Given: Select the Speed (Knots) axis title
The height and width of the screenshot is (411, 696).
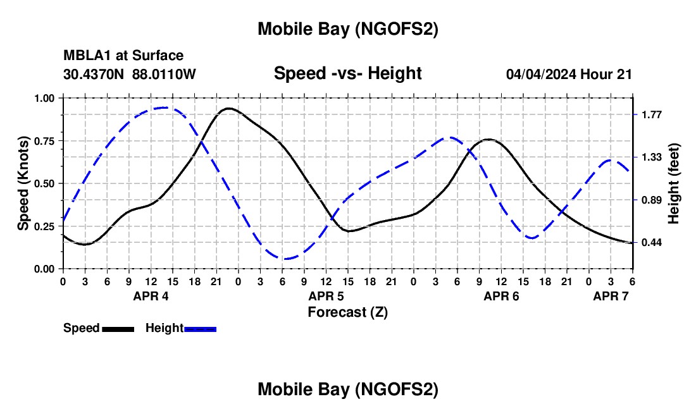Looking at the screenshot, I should [x=23, y=183].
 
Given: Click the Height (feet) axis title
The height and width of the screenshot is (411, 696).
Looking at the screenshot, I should [x=673, y=183].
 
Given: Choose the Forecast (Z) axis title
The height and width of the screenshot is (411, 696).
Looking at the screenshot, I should [x=347, y=312].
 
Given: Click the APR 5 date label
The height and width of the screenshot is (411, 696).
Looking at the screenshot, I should [x=326, y=296].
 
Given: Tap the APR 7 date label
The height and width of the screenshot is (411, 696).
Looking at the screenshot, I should [x=611, y=296].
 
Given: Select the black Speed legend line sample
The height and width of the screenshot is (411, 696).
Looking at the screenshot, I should [x=118, y=328].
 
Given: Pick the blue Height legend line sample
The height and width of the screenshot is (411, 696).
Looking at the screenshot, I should [x=200, y=328].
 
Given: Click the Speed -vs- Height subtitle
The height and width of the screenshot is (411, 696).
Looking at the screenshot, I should [x=347, y=73].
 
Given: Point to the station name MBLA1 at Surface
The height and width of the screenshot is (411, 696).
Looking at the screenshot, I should [x=123, y=56].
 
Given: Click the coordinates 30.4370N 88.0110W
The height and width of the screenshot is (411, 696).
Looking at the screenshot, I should [x=130, y=74].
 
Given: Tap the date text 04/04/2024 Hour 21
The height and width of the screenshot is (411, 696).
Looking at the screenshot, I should [x=569, y=74].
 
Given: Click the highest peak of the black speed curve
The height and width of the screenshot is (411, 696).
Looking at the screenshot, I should [x=228, y=108].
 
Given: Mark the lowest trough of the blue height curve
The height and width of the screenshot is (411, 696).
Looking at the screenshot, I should [x=286, y=259].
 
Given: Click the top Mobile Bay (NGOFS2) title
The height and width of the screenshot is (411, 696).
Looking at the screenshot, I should [x=347, y=29].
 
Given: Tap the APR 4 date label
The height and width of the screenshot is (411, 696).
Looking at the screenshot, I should [x=151, y=296].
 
